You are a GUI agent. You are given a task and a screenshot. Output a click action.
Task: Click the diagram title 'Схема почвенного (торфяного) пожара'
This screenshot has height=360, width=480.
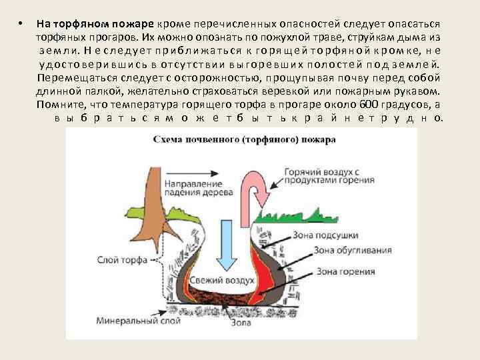click(x=244, y=141)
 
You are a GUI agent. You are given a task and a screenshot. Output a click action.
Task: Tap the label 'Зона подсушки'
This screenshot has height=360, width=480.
click(x=327, y=235)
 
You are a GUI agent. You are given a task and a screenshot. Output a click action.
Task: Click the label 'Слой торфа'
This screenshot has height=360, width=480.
click(x=117, y=261)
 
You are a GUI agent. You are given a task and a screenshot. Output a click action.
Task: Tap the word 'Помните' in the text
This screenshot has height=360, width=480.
click(x=59, y=105)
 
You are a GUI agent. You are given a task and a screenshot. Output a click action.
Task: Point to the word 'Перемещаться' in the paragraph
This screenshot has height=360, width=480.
click(x=71, y=78)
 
